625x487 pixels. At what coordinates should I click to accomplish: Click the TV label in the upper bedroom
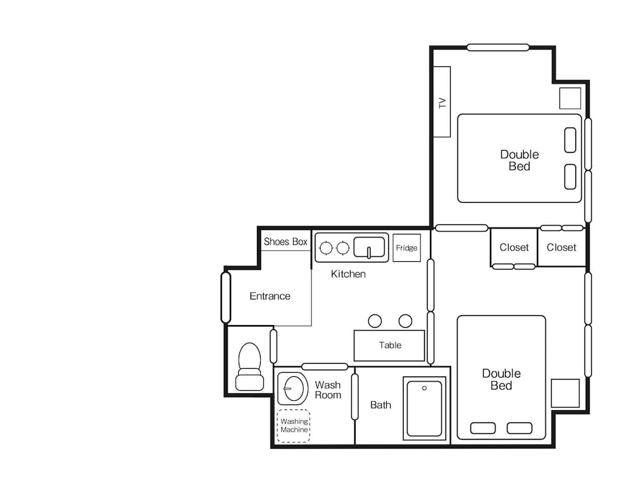[x=442, y=103]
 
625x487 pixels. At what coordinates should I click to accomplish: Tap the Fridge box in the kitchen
[x=407, y=248]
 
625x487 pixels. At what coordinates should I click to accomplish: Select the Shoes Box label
[x=286, y=242]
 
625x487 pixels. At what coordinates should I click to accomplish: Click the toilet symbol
[x=249, y=366]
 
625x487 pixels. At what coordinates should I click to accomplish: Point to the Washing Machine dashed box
[x=294, y=426]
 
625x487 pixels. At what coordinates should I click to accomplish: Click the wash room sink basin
[x=293, y=388]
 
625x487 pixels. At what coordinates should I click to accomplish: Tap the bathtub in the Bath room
[x=424, y=408]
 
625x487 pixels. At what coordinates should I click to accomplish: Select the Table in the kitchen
[x=389, y=346]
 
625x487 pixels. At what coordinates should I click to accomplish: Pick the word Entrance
[x=270, y=296]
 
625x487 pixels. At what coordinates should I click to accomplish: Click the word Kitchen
[x=348, y=274]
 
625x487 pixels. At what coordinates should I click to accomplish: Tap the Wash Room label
[x=328, y=390]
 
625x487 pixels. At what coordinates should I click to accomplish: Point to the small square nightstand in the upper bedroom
[x=570, y=98]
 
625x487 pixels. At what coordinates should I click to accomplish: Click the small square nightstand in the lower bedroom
[x=565, y=393]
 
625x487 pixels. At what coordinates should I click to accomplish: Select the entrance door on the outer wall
[x=226, y=297]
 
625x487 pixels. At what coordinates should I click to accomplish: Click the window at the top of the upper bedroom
[x=498, y=48]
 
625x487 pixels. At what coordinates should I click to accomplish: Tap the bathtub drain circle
[x=424, y=388]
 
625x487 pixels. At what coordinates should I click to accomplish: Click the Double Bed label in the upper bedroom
[x=519, y=160]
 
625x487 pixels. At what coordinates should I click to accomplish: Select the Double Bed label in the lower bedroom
[x=501, y=379]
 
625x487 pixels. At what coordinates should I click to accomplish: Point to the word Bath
[x=381, y=405]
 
